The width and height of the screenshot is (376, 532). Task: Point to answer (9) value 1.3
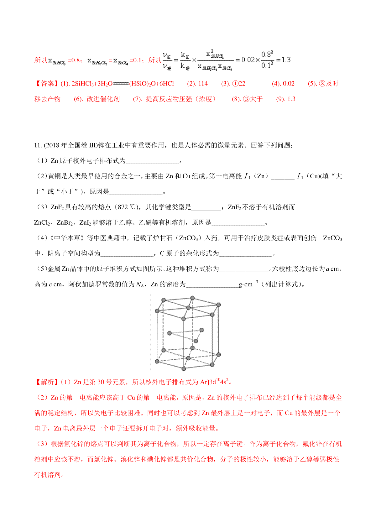(x=291, y=99)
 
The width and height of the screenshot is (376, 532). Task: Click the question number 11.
(x=38, y=145)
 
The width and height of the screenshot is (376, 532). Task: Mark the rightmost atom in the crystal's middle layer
(x=201, y=330)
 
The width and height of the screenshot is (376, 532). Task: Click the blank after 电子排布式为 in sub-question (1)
(x=152, y=161)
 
